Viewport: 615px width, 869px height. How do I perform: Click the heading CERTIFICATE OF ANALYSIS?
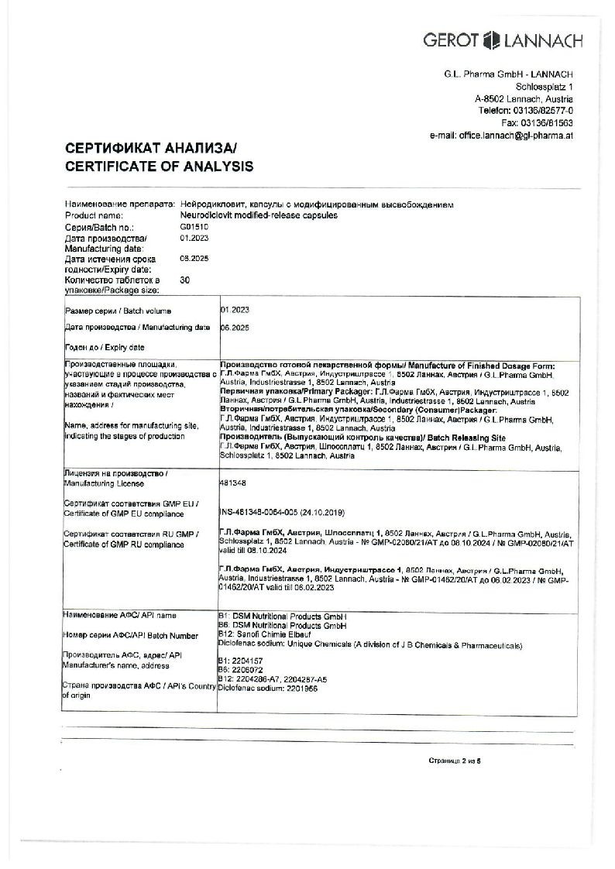tap(159, 166)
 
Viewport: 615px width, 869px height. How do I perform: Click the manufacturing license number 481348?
tap(232, 481)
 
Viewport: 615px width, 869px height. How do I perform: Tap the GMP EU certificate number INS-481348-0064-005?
tap(282, 513)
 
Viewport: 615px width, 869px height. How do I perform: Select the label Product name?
tap(94, 215)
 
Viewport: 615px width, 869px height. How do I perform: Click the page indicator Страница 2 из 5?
tap(455, 761)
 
